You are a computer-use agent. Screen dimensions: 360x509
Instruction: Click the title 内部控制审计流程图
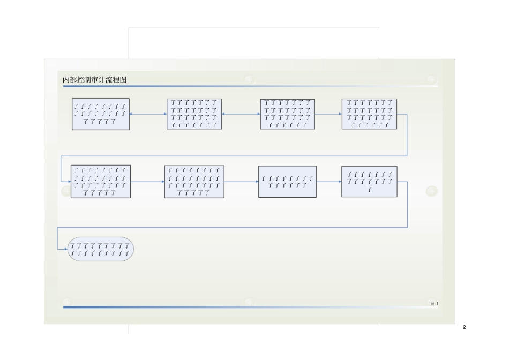(95, 80)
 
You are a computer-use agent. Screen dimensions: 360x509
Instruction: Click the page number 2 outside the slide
(465, 327)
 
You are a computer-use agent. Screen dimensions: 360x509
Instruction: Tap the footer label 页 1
(434, 304)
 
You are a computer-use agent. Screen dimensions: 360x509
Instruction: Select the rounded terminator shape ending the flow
(100, 249)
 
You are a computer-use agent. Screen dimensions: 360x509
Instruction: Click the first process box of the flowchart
(101, 114)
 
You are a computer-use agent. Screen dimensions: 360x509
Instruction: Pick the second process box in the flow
(194, 114)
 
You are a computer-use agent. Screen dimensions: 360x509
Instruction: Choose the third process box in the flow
(288, 114)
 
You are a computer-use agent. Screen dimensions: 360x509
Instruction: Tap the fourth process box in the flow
(369, 114)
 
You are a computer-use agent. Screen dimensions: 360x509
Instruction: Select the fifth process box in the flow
(101, 182)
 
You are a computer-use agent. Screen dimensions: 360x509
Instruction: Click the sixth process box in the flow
(194, 182)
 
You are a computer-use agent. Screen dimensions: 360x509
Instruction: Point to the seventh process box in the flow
(288, 182)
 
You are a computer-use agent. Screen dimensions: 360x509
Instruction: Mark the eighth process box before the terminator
(369, 182)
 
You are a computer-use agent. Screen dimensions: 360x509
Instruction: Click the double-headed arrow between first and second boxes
(148, 114)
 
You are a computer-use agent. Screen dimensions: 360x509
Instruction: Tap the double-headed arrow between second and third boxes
(241, 114)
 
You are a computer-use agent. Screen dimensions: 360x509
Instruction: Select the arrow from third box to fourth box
(328, 114)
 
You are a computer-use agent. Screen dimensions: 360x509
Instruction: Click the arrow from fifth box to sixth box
(147, 182)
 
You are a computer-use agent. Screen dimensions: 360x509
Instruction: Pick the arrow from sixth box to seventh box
(241, 182)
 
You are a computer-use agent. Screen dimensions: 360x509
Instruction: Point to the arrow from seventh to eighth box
(329, 182)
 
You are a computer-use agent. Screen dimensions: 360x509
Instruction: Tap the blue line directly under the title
(250, 86)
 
